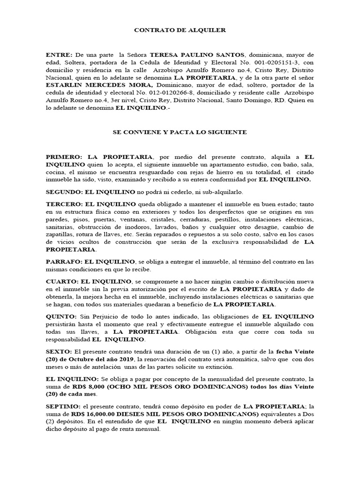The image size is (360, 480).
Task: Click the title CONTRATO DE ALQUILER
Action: pyautogui.click(x=180, y=30)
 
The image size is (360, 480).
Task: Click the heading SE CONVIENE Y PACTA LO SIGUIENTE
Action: pyautogui.click(x=180, y=132)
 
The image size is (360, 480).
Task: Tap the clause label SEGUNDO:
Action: pyautogui.click(x=64, y=193)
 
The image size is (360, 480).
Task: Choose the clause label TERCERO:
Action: pyautogui.click(x=63, y=204)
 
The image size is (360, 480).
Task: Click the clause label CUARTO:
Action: pyautogui.click(x=61, y=281)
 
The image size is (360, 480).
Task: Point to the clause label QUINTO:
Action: pyautogui.click(x=61, y=317)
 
